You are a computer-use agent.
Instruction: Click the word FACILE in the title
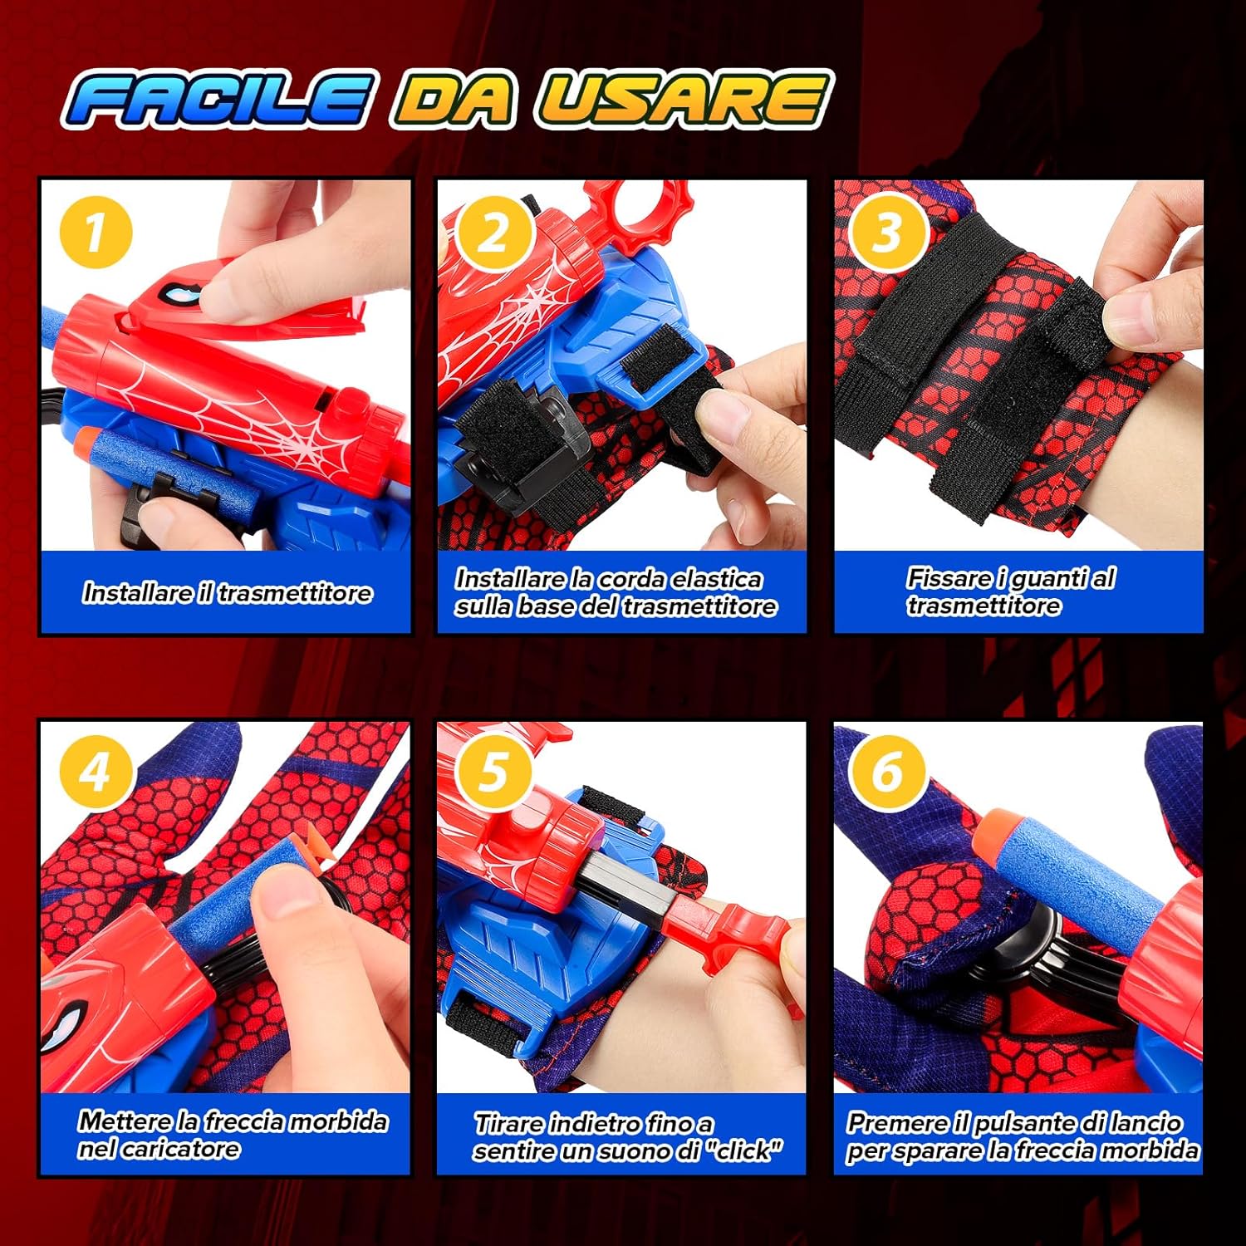point(218,100)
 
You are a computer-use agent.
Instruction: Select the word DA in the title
point(454,100)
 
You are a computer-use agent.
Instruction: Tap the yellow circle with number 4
point(96,772)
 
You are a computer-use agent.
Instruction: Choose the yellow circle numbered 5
point(493,772)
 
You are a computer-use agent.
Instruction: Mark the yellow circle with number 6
point(888,772)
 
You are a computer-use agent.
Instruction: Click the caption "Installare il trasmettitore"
point(227,592)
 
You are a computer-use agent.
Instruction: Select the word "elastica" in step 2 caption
point(717,578)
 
